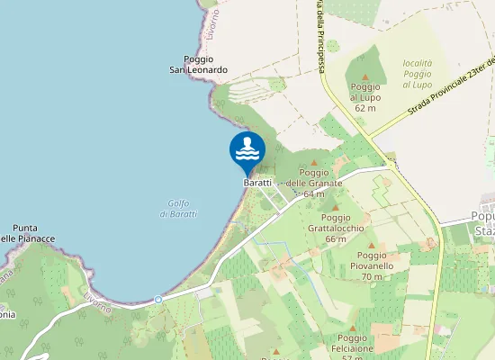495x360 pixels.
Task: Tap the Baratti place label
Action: click(x=257, y=183)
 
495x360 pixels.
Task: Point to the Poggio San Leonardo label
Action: click(x=199, y=65)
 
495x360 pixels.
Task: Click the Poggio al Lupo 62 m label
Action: click(x=364, y=96)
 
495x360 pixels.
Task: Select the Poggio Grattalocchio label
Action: click(x=335, y=228)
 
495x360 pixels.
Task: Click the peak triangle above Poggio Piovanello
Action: click(x=370, y=245)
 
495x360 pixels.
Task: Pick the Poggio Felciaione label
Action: click(x=352, y=346)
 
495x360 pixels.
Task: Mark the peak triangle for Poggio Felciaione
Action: click(x=352, y=328)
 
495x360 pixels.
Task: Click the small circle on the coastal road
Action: click(x=157, y=299)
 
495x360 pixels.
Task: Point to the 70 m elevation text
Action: click(x=371, y=276)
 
